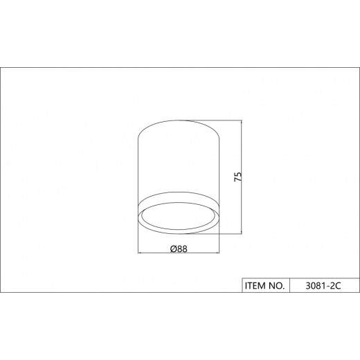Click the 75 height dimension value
tap(238, 177)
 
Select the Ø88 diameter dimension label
tap(179, 249)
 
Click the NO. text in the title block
tap(277, 286)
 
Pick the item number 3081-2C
tap(323, 286)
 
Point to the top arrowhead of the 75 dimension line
tap(242, 123)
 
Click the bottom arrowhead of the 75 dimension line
tap(242, 231)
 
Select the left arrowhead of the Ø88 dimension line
tap(141, 253)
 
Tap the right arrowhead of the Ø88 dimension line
tap(217, 253)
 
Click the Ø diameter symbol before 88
tap(174, 249)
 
